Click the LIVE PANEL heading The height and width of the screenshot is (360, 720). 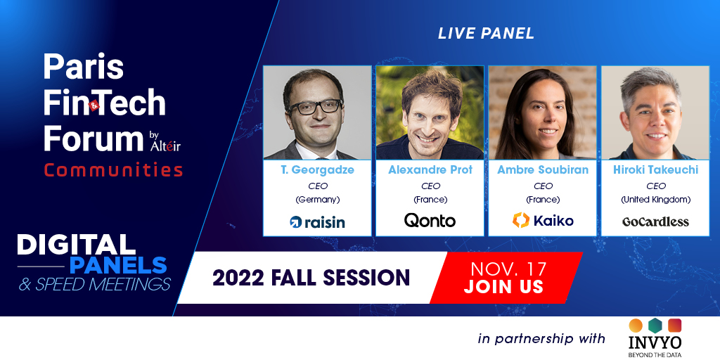486,33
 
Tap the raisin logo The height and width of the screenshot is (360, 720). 317,222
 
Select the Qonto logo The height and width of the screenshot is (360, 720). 430,221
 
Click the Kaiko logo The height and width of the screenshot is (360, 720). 542,221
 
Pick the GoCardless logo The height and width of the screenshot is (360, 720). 655,221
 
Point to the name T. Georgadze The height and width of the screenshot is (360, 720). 317,170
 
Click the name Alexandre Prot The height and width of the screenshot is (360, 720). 430,170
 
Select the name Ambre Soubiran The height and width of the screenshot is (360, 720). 542,170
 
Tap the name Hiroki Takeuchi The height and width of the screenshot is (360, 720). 655,170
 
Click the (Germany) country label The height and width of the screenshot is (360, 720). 317,200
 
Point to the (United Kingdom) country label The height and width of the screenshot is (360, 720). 655,200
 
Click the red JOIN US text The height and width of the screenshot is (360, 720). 503,287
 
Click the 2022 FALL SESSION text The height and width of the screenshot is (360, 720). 311,277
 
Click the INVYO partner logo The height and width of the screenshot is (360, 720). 656,337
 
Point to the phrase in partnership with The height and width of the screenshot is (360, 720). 541,338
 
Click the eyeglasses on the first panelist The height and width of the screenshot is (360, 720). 307,108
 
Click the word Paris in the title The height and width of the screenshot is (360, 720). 83,67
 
